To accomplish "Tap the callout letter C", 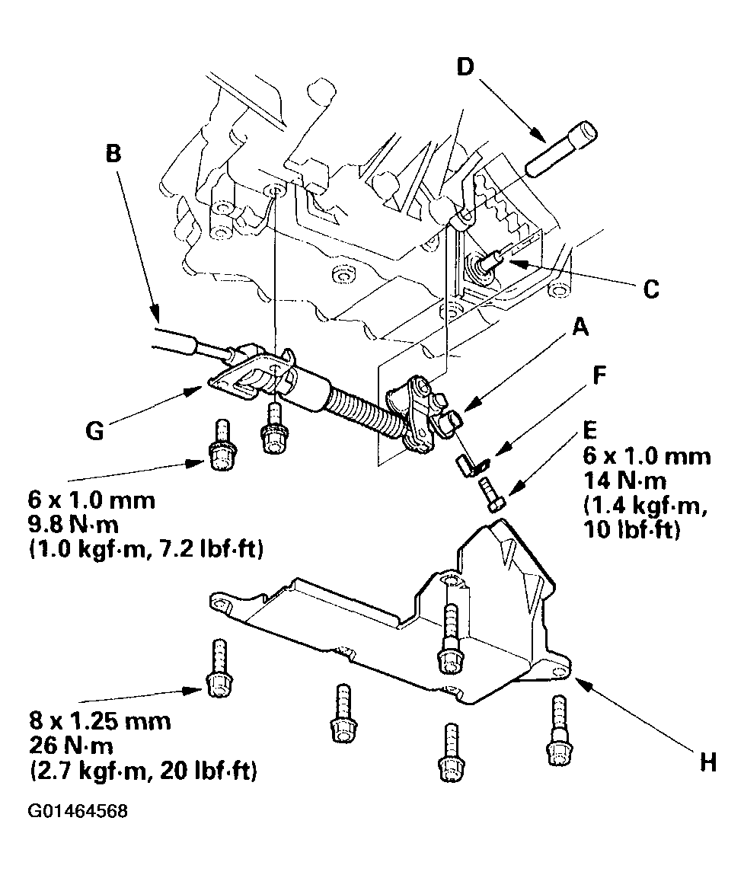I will (650, 289).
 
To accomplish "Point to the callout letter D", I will (465, 68).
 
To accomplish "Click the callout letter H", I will (707, 762).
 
